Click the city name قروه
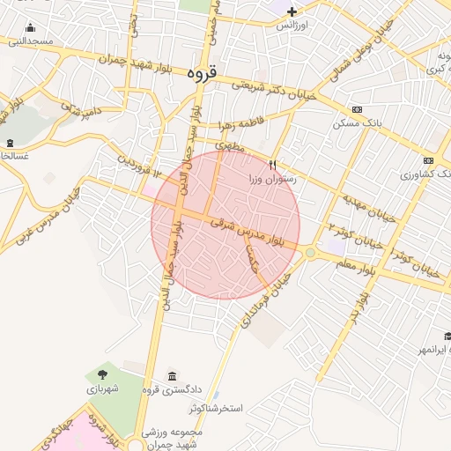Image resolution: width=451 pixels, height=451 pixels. pyautogui.click(x=202, y=74)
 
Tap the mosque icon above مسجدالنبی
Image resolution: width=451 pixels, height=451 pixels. pyautogui.click(x=32, y=27)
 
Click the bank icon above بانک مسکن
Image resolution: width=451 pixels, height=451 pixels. pyautogui.click(x=356, y=109)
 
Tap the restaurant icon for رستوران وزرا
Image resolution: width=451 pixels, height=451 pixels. pyautogui.click(x=272, y=164)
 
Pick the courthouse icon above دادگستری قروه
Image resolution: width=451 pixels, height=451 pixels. pyautogui.click(x=171, y=376)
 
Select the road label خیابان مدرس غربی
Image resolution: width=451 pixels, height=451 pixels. pyautogui.click(x=36, y=227)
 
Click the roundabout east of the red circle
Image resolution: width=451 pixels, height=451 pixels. pyautogui.click(x=310, y=253)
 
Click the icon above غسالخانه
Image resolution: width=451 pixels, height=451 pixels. pyautogui.click(x=10, y=143)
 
